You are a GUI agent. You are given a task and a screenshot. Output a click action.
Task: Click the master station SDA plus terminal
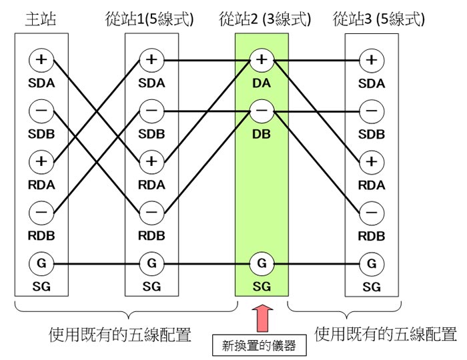(x=41, y=60)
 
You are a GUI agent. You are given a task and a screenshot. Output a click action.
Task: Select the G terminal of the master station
(x=41, y=263)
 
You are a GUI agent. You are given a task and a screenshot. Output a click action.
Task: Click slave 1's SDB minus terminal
(x=151, y=111)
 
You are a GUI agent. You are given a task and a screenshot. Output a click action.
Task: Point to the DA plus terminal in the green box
(x=262, y=60)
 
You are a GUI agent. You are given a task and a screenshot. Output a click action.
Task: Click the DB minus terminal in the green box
(x=262, y=111)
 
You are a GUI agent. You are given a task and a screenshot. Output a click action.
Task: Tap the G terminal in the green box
(x=262, y=263)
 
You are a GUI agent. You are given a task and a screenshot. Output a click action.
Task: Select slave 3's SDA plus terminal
(x=372, y=60)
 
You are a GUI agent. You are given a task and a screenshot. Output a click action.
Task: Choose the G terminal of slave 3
(x=372, y=263)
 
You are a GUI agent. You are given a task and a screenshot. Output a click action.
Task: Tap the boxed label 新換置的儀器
(x=262, y=345)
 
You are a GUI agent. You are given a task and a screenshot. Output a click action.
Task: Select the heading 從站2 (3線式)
(x=265, y=19)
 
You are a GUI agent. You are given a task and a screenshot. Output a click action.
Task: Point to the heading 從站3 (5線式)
(x=378, y=19)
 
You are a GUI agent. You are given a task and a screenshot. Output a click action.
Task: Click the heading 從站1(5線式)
(x=151, y=19)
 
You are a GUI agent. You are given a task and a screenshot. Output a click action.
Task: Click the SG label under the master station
(x=41, y=287)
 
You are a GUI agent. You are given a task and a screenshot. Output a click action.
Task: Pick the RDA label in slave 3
(x=372, y=185)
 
